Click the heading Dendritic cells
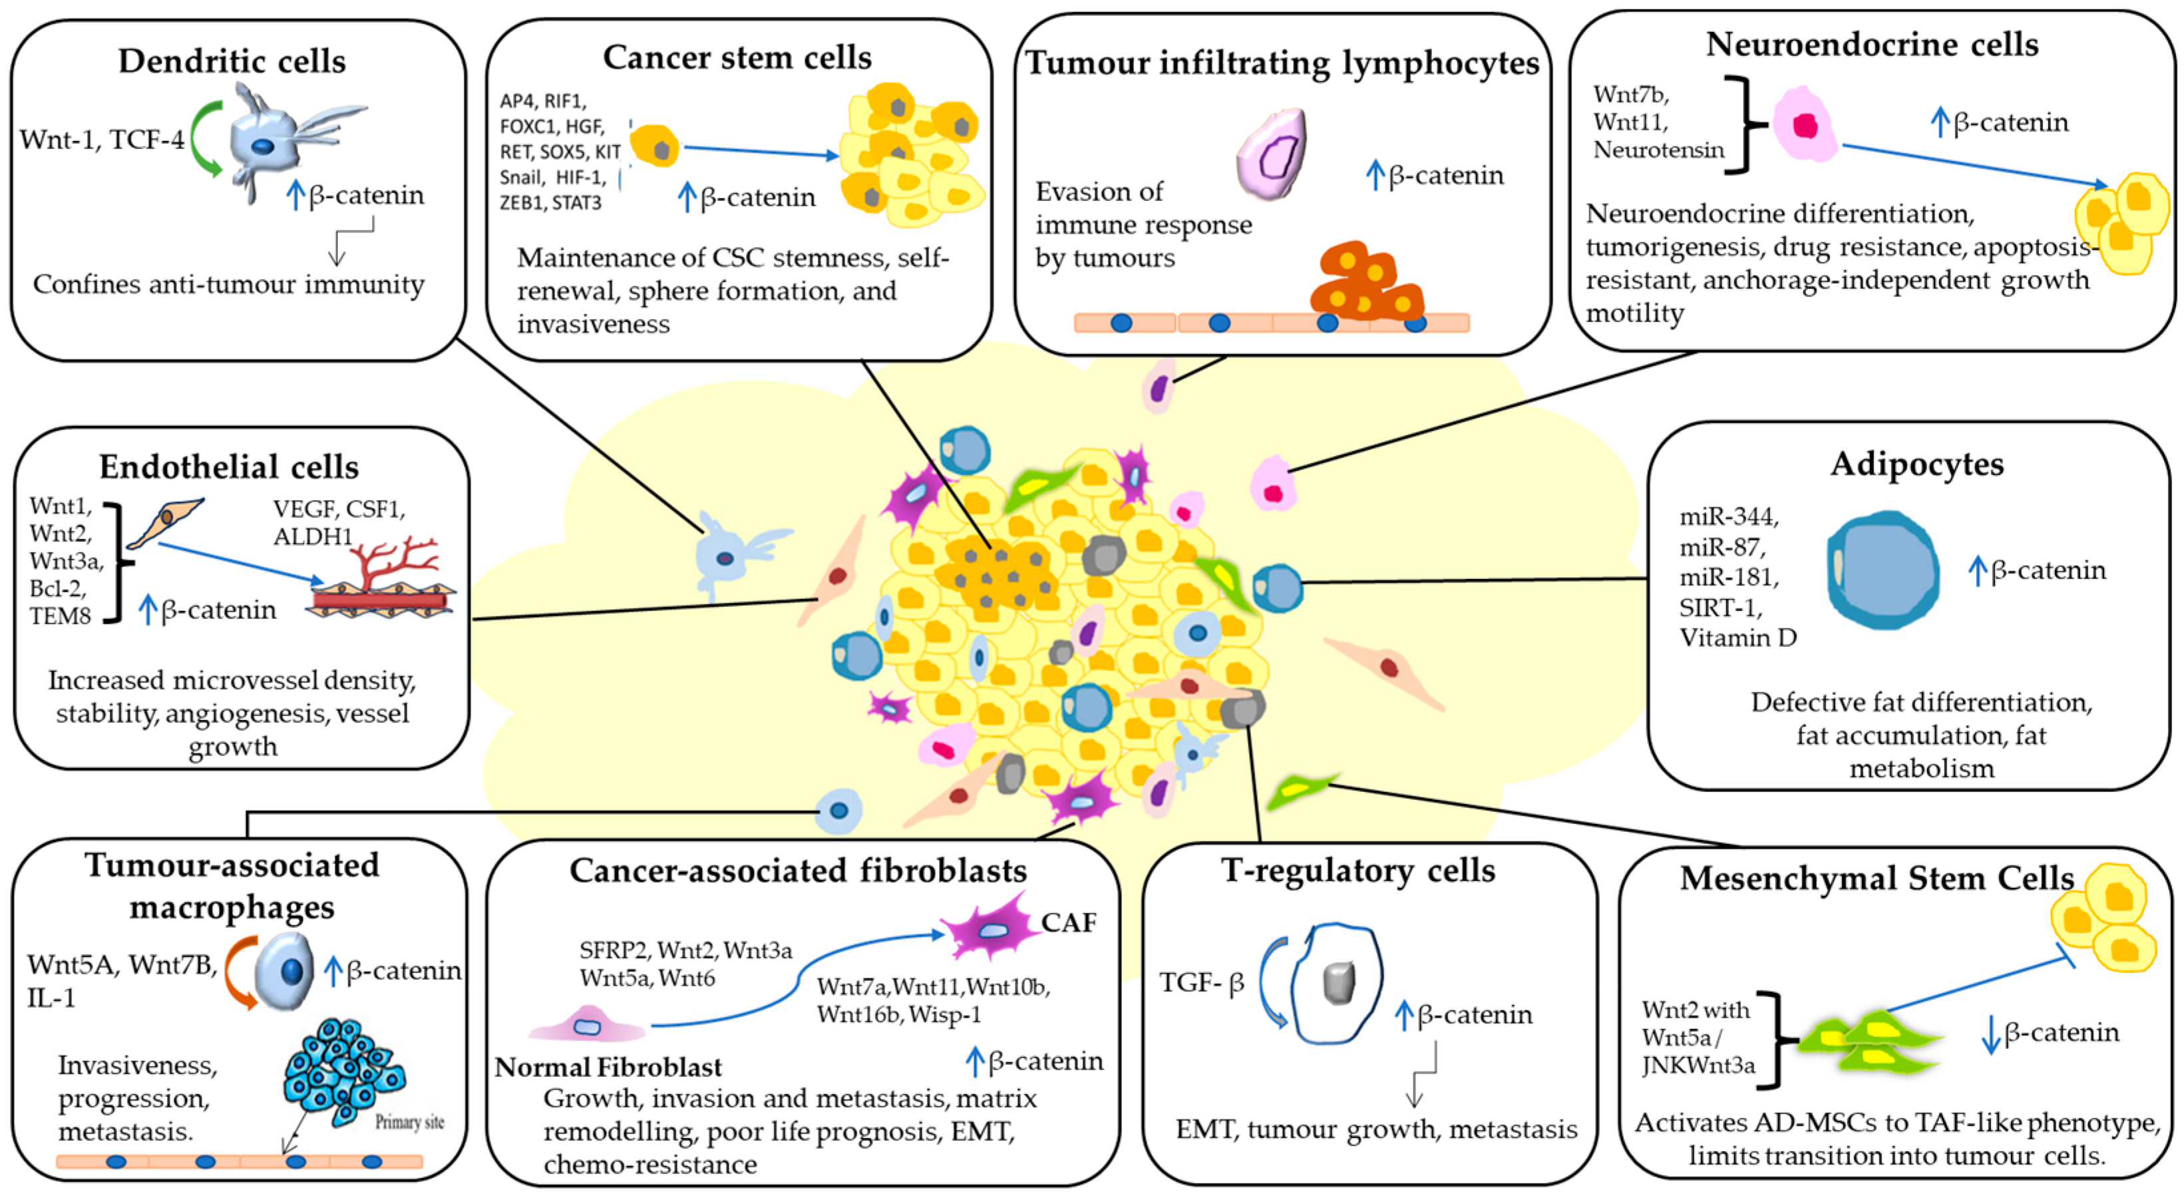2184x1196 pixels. [232, 61]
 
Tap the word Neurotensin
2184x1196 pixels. [1658, 150]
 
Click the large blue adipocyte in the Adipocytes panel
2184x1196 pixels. [1882, 570]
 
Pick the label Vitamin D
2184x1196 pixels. [1738, 638]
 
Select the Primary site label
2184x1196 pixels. [409, 1122]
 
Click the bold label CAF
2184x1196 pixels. [1068, 923]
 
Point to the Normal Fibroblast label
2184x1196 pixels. [608, 1067]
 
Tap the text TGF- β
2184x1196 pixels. [1201, 983]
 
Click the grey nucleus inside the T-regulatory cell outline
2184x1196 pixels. [1338, 982]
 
